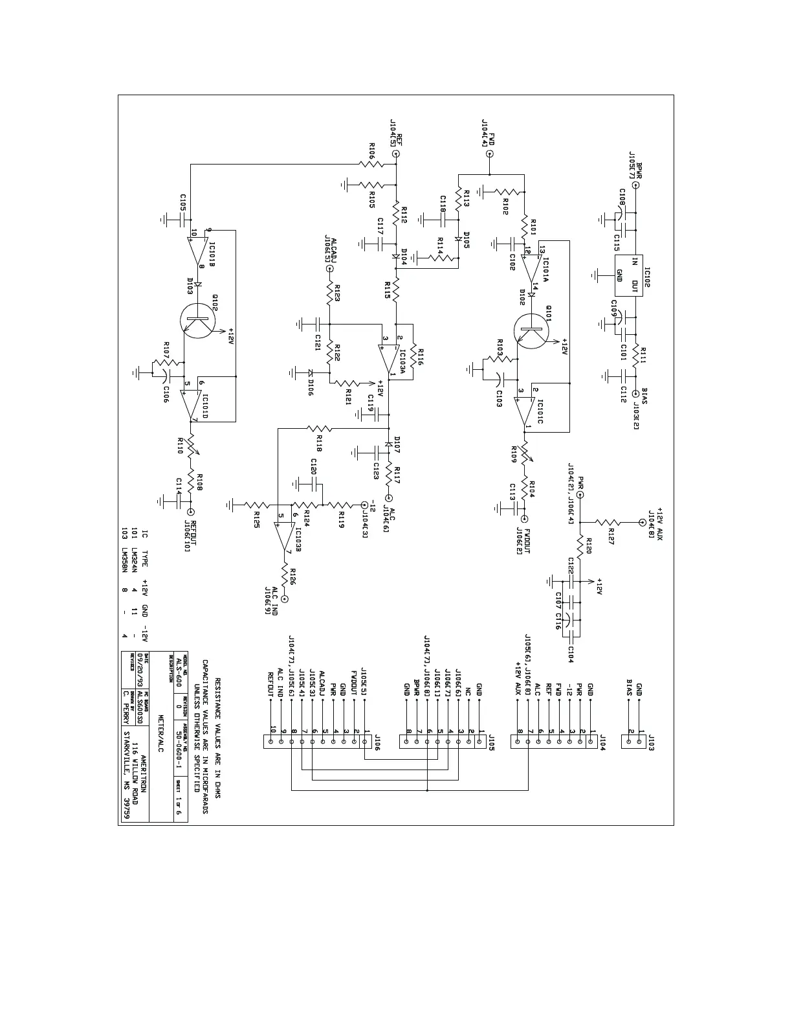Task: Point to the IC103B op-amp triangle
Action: pos(284,533)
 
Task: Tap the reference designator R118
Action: pos(319,444)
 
